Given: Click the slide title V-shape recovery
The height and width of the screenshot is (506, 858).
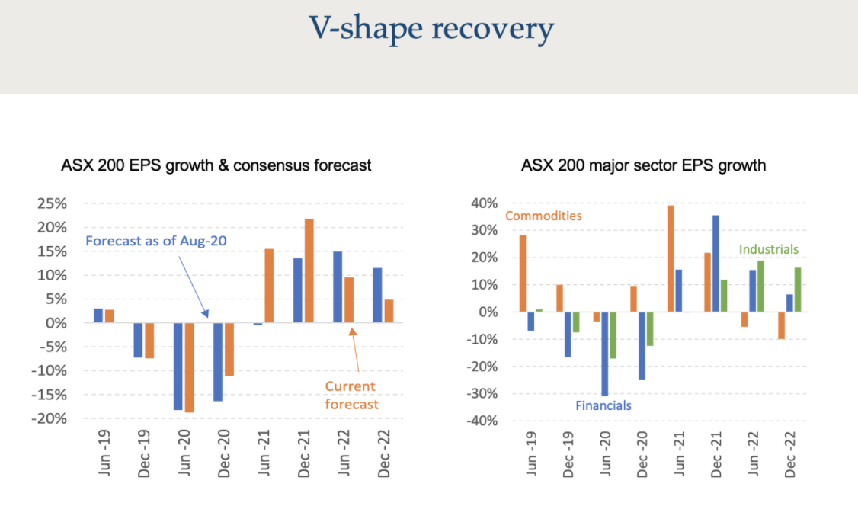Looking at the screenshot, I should (431, 29).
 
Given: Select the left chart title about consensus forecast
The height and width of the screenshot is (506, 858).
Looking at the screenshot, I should (216, 165).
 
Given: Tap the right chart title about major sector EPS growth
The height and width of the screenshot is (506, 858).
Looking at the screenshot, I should (643, 165).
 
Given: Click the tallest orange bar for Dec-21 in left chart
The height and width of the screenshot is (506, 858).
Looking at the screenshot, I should (309, 271).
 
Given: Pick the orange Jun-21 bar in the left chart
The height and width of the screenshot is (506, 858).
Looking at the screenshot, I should (269, 286).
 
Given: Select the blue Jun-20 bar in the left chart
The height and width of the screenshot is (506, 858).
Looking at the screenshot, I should (178, 367).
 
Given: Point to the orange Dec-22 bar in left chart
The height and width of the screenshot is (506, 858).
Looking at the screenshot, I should (389, 311).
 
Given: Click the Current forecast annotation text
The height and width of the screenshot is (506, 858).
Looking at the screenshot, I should (351, 395).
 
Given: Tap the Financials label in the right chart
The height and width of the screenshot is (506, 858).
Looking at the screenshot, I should (603, 405).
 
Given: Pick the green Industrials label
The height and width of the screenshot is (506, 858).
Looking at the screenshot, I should (769, 249).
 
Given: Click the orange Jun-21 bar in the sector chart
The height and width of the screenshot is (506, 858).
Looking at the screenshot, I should (671, 258).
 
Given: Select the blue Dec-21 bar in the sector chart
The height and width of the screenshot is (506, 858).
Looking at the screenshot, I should (715, 264).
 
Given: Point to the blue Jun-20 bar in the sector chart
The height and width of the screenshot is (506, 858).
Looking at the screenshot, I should (605, 354).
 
